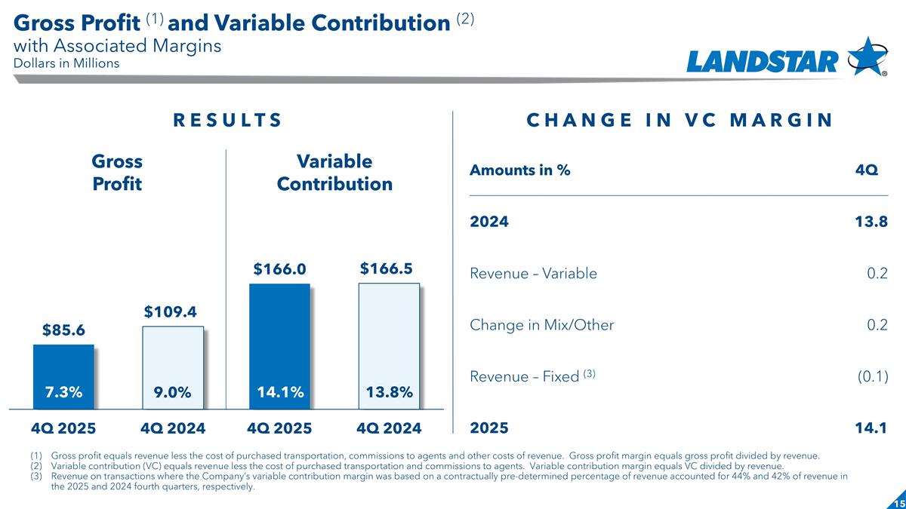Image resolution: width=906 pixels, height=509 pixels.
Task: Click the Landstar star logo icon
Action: (x=867, y=56)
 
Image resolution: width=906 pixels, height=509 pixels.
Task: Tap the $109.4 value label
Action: (x=173, y=311)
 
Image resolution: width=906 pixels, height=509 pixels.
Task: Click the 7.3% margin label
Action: (x=63, y=392)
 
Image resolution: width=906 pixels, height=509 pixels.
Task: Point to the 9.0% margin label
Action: (x=173, y=392)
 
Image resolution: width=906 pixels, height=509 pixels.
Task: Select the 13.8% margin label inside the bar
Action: (x=388, y=392)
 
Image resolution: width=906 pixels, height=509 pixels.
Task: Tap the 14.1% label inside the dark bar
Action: (x=279, y=392)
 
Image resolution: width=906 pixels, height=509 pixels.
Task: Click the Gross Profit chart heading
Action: (x=117, y=173)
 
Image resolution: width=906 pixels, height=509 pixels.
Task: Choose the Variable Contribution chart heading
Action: (x=334, y=173)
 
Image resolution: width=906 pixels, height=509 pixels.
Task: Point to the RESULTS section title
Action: (x=227, y=121)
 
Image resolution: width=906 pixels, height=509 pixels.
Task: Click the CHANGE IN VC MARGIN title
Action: (x=679, y=121)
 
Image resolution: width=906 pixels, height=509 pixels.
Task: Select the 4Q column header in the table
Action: (x=866, y=170)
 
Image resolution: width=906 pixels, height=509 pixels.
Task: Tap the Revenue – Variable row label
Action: (x=533, y=274)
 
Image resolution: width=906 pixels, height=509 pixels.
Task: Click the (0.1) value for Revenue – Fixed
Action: (x=871, y=376)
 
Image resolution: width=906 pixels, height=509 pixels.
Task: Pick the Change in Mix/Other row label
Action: (x=541, y=325)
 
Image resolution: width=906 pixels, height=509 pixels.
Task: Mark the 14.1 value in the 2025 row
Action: (x=873, y=428)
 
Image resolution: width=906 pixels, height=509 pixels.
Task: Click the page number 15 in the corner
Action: (x=898, y=503)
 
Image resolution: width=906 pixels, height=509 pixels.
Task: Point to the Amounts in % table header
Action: (x=519, y=170)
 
